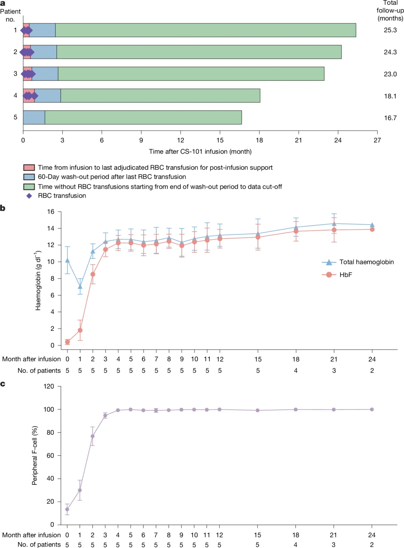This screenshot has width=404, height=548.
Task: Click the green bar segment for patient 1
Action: (x=206, y=30)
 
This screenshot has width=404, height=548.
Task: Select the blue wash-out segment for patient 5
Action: (x=34, y=117)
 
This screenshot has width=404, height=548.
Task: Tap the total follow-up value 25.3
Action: (x=390, y=30)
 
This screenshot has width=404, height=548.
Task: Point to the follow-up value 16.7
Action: (x=390, y=118)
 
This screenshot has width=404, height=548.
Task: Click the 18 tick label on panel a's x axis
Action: (x=259, y=140)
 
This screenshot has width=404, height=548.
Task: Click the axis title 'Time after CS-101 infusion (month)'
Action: (x=200, y=151)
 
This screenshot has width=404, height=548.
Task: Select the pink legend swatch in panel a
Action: (x=29, y=167)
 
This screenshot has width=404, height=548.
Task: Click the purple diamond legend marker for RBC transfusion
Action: (x=29, y=196)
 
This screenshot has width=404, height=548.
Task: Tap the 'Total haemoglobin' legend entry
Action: (x=366, y=262)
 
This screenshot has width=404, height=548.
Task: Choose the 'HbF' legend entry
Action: (x=346, y=275)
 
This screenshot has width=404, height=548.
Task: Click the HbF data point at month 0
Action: (x=67, y=342)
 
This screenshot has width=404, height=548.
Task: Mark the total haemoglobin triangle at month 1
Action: (x=80, y=287)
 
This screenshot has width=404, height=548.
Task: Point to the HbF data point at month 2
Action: (x=93, y=274)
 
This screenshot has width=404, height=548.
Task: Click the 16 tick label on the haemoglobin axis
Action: (x=50, y=212)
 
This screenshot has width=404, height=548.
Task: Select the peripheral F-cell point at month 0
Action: (x=67, y=509)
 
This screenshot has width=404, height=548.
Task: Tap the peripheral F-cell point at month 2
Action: (x=92, y=436)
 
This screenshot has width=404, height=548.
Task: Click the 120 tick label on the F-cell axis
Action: (x=49, y=386)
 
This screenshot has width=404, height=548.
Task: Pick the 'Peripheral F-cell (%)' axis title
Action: (x=35, y=455)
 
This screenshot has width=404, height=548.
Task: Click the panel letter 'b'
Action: (x=3, y=208)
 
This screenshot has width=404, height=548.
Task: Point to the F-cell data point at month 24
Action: (x=372, y=409)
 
